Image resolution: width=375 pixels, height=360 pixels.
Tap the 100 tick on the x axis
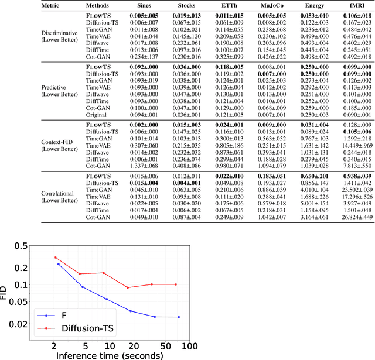pos(193,346)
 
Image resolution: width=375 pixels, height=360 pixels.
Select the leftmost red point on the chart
pos(55,258)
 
